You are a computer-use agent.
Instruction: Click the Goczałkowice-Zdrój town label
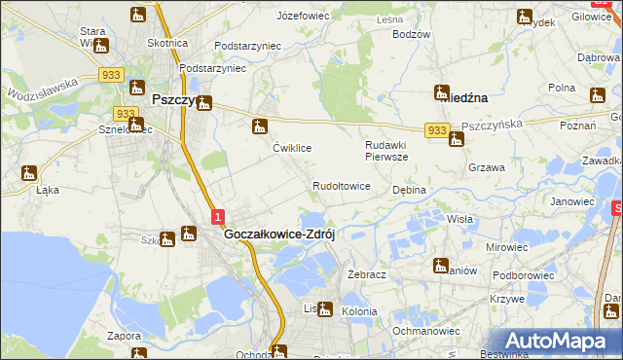pos(279,234)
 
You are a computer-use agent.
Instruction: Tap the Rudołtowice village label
pos(341,186)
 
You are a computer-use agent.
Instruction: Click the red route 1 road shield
pos(218,216)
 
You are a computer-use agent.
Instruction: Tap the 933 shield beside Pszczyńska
pos(436,129)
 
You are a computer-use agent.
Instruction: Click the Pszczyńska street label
pos(493,126)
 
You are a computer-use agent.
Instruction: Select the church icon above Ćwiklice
pos(259,126)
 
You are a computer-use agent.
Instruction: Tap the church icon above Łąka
pos(29,173)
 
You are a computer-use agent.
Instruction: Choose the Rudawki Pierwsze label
pos(386,150)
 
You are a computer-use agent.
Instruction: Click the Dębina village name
pos(409,190)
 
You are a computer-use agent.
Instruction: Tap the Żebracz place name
pos(367,275)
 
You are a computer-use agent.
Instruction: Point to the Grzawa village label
pos(486,167)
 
